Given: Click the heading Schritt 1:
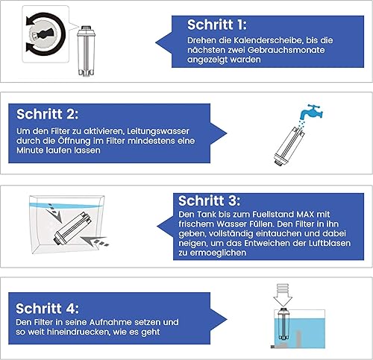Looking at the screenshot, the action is click(x=217, y=25).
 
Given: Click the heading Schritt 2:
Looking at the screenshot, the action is click(x=47, y=114).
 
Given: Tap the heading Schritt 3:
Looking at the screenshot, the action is click(x=210, y=200).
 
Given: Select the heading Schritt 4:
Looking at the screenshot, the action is click(x=47, y=309).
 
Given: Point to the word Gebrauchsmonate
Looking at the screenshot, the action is click(x=286, y=50).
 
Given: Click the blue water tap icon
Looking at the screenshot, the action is click(x=311, y=112).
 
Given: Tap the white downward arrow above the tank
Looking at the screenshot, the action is click(x=283, y=295).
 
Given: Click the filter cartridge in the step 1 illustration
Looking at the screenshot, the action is click(x=86, y=51).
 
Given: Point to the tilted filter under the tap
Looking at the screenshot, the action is click(x=289, y=145).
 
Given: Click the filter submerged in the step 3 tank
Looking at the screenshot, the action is click(x=72, y=229).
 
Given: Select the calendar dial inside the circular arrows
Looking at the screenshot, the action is click(x=43, y=34).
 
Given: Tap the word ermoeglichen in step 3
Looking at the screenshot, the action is click(x=218, y=253).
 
